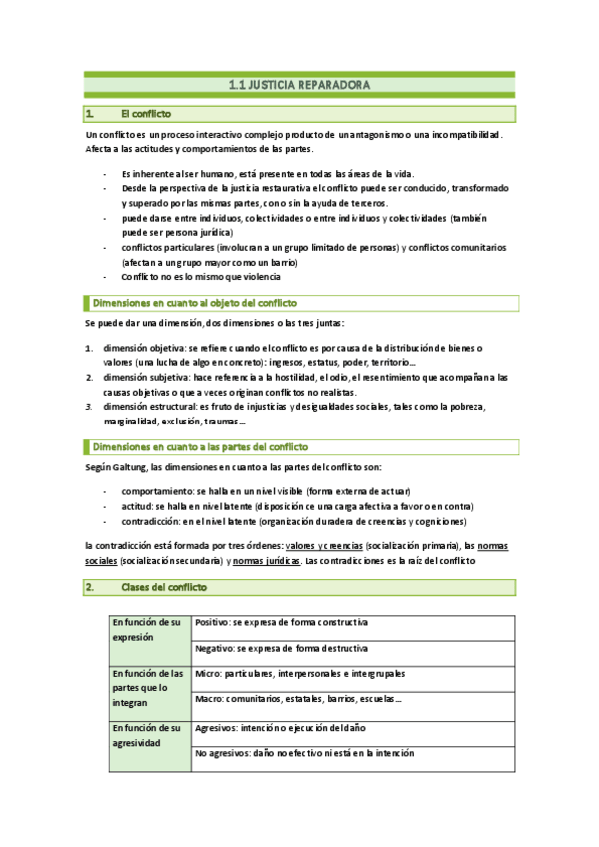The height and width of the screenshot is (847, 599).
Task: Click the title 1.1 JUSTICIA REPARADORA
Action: pos(299,87)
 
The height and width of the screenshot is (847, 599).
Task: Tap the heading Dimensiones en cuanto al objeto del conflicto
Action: pos(194,303)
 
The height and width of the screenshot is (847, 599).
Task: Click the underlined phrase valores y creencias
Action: pos(323,547)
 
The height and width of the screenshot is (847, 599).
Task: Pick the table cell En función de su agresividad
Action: pos(148,736)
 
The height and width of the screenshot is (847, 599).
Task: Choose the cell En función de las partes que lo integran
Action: pos(148,687)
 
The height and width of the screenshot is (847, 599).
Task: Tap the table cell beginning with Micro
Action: pos(300,674)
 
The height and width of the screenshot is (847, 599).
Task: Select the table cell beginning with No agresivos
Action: pos(304,753)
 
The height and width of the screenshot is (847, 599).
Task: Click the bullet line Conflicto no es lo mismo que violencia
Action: pos(201,276)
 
